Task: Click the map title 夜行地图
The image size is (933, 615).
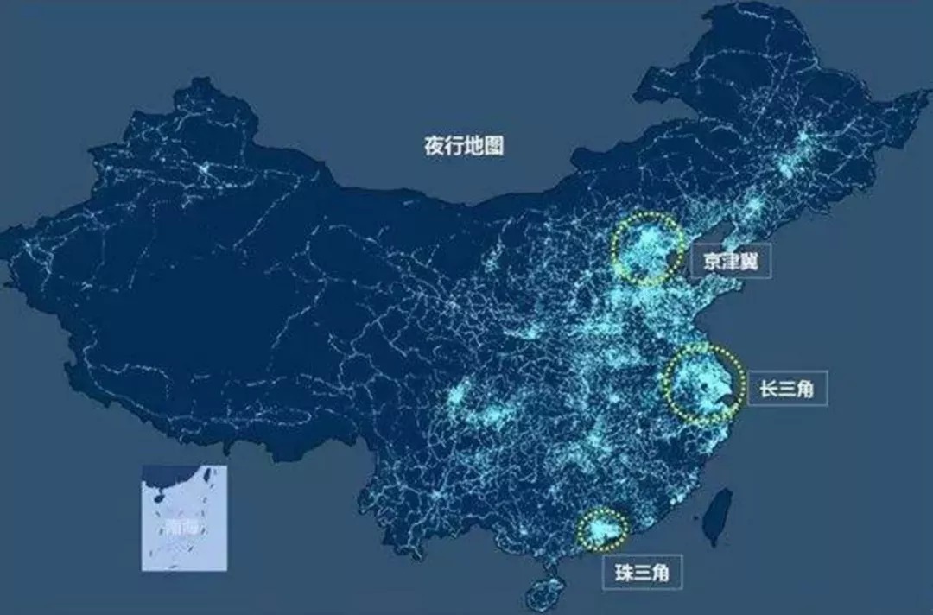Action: point(463,145)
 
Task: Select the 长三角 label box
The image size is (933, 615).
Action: point(786,390)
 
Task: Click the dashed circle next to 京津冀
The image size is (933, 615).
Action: point(647,249)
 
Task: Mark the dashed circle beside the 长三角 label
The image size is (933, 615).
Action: point(705,384)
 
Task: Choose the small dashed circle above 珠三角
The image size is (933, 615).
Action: point(602,529)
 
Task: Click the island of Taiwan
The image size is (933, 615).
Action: point(718,517)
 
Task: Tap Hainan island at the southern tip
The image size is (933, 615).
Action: point(545,593)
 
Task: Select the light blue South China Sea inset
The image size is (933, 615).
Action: point(184,517)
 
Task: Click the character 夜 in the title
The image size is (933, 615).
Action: point(434,145)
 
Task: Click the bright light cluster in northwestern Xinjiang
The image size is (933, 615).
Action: point(206,170)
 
